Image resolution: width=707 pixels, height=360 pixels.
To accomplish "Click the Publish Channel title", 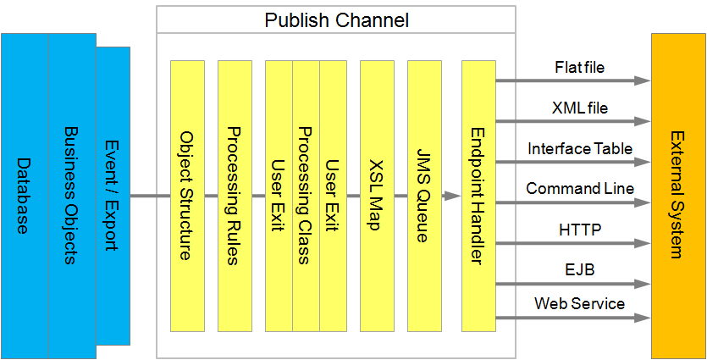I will (x=336, y=19).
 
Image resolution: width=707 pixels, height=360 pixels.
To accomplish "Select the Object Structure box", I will (x=187, y=195).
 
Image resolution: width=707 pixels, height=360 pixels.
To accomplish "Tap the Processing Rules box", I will (x=235, y=195).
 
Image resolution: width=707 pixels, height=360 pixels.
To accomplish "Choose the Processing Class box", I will (x=306, y=195).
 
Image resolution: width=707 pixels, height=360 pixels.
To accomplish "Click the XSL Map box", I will (x=377, y=195).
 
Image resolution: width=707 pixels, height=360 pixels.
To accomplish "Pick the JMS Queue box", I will (x=424, y=195).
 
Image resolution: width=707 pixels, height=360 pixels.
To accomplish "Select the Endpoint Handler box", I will (x=478, y=195).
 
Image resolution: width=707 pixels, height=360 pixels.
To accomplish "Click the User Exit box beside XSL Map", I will (x=333, y=195).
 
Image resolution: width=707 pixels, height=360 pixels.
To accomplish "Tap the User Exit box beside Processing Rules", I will (x=278, y=195).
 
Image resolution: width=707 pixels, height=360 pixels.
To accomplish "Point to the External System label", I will (x=677, y=195).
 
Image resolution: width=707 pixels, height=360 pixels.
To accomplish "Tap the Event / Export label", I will (x=111, y=195).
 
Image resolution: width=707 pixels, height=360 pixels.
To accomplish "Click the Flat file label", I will (x=579, y=68).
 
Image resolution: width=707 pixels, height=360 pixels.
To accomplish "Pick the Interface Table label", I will (x=579, y=148).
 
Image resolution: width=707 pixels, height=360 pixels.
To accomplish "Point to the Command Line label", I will (x=579, y=188).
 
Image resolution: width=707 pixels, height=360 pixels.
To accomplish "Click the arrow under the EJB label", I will (x=572, y=283).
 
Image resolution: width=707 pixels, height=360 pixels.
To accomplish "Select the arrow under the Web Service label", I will (x=572, y=318).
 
